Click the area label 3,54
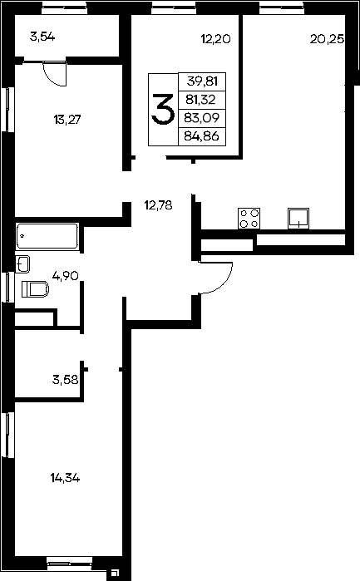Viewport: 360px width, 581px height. [42, 37]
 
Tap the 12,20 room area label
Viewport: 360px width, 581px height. [216, 38]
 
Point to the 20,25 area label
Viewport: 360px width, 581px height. [327, 39]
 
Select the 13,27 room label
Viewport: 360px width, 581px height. [67, 120]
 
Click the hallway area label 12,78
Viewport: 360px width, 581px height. [158, 205]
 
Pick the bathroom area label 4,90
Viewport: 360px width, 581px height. [66, 276]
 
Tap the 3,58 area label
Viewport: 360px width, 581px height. [65, 379]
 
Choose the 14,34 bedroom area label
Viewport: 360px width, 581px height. [65, 479]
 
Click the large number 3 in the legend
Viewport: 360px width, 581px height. [163, 109]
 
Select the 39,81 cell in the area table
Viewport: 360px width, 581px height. [202, 81]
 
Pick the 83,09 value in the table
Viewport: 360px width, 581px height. [202, 118]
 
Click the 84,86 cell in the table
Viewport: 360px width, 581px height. [202, 136]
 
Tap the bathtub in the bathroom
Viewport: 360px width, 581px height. [47, 236]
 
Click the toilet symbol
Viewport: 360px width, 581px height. [36, 289]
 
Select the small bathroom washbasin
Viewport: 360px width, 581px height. [22, 264]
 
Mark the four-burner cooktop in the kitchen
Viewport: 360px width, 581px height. [249, 219]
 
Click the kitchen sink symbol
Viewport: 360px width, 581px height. [298, 219]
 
